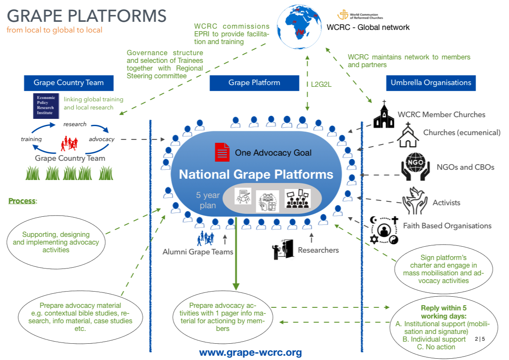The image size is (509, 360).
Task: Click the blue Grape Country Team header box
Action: (68, 83)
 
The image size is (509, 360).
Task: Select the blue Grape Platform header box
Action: (254, 83)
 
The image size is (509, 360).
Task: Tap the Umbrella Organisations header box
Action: (431, 83)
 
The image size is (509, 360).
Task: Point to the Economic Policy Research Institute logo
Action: (46, 106)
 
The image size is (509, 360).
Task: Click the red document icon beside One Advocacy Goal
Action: (222, 152)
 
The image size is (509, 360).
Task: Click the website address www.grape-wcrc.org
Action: (250, 353)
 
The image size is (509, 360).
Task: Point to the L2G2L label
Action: (320, 85)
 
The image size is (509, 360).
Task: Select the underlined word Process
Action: (22, 201)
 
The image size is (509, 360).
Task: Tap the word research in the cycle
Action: (75, 124)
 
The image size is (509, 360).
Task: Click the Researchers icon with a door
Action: (283, 250)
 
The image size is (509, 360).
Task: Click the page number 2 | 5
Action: (480, 339)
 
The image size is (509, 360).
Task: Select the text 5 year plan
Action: (208, 201)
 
